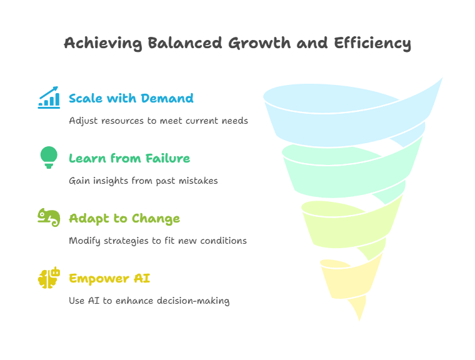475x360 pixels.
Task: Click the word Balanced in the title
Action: click(x=186, y=43)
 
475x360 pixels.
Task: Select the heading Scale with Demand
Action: click(x=131, y=99)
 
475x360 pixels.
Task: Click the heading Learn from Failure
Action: click(x=129, y=159)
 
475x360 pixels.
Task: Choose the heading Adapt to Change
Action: click(x=124, y=219)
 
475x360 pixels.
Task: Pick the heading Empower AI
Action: click(x=109, y=279)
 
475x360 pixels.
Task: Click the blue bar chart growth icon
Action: click(x=49, y=98)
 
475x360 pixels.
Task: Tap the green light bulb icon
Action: click(x=49, y=157)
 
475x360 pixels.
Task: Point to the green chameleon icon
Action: click(x=49, y=217)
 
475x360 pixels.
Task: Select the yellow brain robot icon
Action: click(x=49, y=277)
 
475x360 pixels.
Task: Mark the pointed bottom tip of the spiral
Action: click(x=360, y=322)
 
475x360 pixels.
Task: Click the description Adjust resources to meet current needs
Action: click(x=158, y=121)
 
